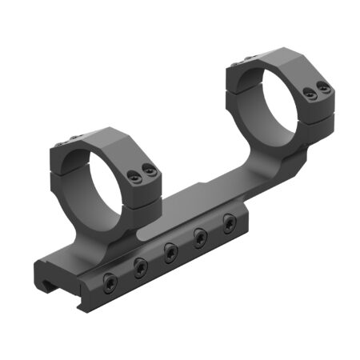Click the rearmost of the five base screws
[229, 221]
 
